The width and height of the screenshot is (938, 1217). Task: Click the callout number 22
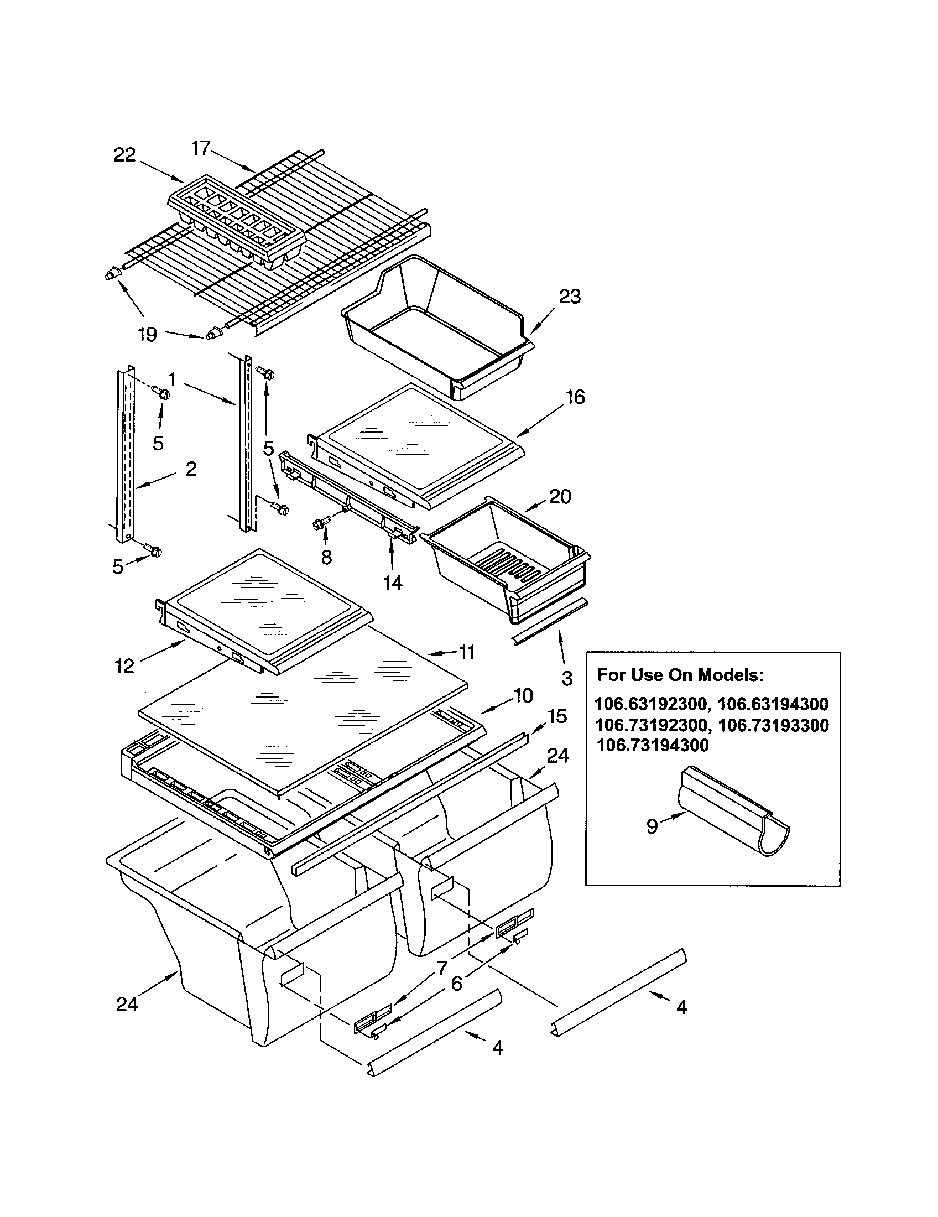(x=125, y=155)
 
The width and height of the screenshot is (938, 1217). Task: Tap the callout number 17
(x=201, y=148)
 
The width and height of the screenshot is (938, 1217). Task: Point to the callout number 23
(x=569, y=297)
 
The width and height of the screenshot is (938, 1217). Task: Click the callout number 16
(x=575, y=397)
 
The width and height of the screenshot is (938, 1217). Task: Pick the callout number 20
(x=560, y=496)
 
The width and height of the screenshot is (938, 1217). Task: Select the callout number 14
(x=392, y=583)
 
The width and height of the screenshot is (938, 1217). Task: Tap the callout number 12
(x=125, y=665)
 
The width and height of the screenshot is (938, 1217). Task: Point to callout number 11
(x=467, y=652)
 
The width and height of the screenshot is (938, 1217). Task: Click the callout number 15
(x=557, y=715)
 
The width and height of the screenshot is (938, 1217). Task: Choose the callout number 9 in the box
(x=652, y=826)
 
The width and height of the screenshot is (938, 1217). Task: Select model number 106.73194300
(x=652, y=746)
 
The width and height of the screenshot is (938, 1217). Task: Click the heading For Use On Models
(x=680, y=675)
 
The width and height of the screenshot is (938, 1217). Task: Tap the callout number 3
(x=566, y=678)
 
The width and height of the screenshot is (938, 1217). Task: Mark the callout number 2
(x=191, y=469)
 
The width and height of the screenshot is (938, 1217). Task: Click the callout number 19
(x=148, y=335)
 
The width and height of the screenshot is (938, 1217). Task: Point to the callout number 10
(x=523, y=695)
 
